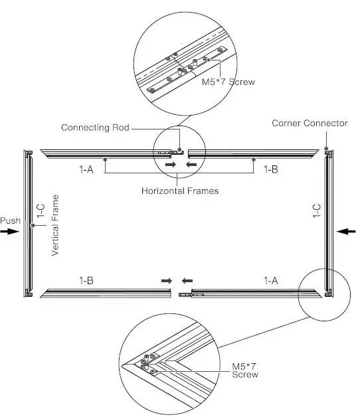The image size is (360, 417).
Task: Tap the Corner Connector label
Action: coord(309,124)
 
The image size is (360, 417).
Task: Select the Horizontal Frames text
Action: coord(180,191)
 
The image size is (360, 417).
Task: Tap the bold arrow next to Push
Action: coord(11,231)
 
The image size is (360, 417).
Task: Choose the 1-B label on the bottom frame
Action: coord(86,280)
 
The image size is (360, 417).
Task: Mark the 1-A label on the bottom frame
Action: coord(271,280)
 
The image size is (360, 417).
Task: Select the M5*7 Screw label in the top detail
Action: coord(228,82)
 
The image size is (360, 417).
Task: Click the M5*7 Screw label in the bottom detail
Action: coord(245,371)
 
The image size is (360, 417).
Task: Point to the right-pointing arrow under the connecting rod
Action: coord(171,163)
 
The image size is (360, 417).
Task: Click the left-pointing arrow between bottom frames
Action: coord(189,281)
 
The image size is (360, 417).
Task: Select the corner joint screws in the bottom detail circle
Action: coord(148,363)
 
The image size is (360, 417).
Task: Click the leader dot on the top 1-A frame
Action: coord(106,159)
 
